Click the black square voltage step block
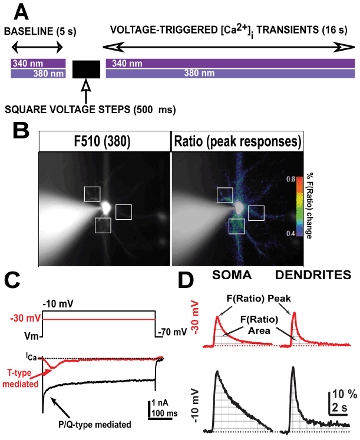(86, 69)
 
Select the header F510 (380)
(105, 141)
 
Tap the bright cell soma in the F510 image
(106, 207)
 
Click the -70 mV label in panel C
(173, 333)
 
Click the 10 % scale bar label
(341, 393)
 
